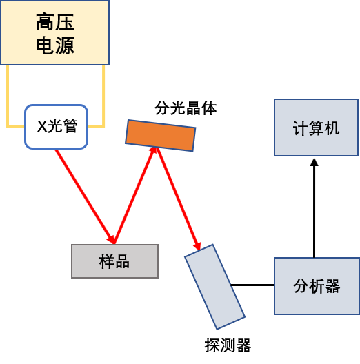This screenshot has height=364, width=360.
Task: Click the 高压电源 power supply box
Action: click(54, 32)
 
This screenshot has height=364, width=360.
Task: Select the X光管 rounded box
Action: click(56, 127)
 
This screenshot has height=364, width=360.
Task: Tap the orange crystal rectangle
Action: click(161, 136)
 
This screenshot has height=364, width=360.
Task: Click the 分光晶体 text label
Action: click(186, 108)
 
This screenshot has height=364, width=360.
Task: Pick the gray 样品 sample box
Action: click(114, 261)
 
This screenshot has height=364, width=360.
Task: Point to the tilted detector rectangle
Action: click(215, 287)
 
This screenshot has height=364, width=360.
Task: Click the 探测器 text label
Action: click(228, 345)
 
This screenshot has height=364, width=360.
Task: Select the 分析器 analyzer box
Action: click(317, 286)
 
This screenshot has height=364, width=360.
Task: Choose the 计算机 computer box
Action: click(316, 128)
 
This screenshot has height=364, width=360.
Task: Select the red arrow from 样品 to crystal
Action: click(134, 195)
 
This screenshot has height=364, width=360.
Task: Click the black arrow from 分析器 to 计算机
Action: click(314, 208)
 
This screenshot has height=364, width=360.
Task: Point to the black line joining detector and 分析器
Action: click(252, 285)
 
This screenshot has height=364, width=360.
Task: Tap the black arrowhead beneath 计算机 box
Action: click(314, 162)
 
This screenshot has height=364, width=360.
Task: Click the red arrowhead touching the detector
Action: click(197, 246)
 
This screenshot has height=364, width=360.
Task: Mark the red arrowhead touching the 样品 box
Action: click(111, 240)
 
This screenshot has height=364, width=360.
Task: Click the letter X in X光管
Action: click(42, 126)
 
